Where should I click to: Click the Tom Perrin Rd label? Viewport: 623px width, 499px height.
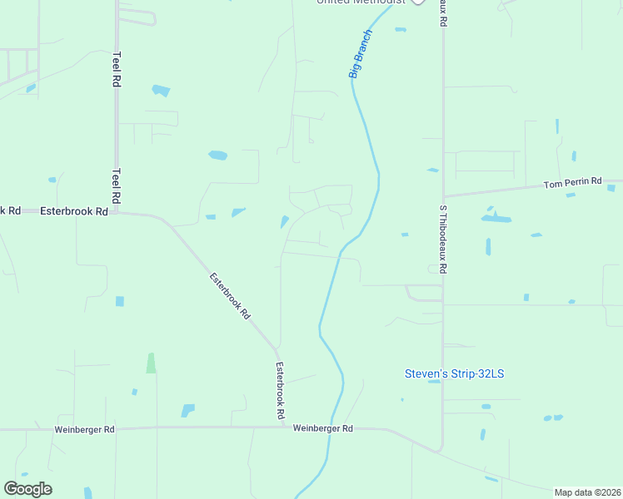click(x=572, y=182)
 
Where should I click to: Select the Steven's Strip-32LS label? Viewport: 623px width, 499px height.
click(x=454, y=373)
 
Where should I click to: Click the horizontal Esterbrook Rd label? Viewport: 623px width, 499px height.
click(x=73, y=211)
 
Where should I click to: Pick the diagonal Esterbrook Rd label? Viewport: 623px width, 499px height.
click(x=229, y=297)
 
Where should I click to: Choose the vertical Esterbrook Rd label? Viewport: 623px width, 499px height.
click(x=282, y=390)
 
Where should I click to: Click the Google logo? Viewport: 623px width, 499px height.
click(x=27, y=489)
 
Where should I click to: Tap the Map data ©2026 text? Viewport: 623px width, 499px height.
click(x=588, y=492)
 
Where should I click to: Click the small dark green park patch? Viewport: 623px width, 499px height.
click(x=151, y=363)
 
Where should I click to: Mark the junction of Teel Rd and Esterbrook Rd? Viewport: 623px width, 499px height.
click(x=117, y=211)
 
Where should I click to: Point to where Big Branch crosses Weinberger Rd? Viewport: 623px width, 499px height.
click(x=332, y=428)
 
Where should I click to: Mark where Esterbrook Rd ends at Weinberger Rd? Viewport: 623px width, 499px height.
click(x=282, y=428)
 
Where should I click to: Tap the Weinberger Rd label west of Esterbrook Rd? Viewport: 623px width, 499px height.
click(x=84, y=429)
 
